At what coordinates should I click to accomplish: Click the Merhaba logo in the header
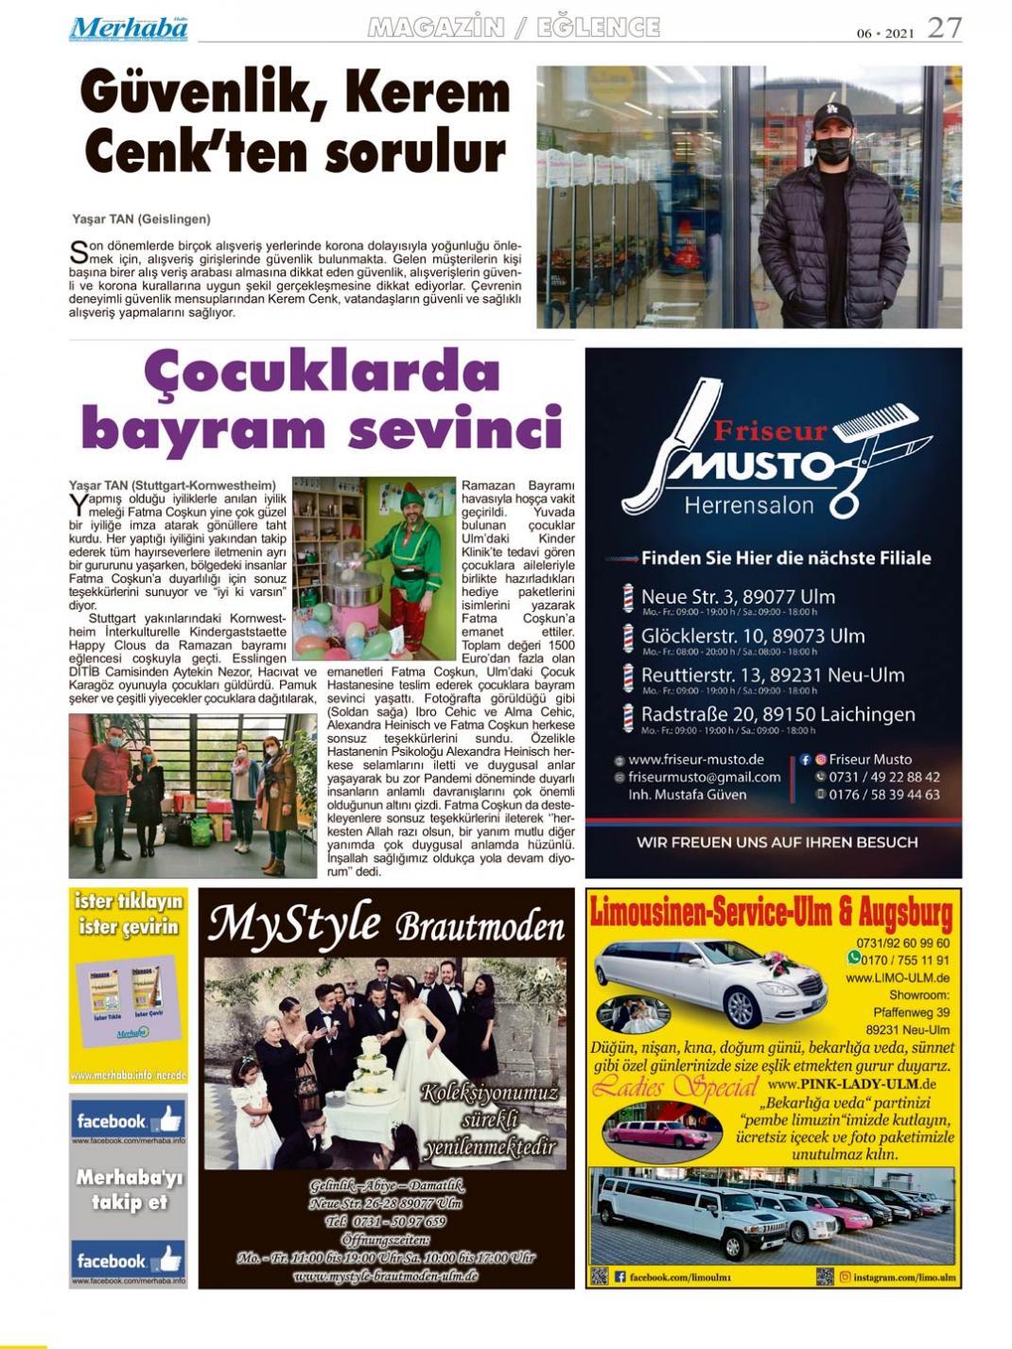129,28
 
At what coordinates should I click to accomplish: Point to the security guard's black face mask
833,149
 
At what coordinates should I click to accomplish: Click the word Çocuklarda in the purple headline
322,373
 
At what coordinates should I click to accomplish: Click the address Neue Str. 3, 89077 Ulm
738,597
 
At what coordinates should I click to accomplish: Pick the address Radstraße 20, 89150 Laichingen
777,714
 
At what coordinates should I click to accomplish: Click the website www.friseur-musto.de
695,759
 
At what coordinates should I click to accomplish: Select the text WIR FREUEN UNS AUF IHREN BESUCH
776,842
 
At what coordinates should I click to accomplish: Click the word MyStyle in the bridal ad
294,923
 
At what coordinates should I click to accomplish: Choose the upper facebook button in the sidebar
128,1121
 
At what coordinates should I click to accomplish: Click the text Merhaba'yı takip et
129,1190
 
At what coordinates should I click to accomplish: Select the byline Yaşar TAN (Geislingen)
141,219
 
